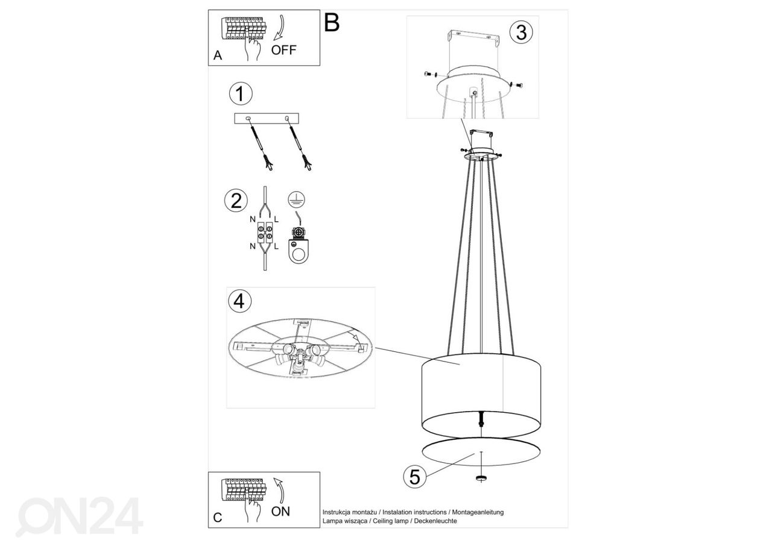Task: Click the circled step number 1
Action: point(241,93)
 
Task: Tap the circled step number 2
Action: point(236,201)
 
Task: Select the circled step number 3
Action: point(521,33)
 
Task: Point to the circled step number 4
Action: point(239,301)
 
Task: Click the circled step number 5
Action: point(414,477)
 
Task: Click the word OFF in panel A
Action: point(283,50)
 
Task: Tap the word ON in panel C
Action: point(280,512)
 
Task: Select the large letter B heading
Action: point(332,23)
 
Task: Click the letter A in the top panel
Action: point(218,55)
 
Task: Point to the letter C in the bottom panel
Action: point(218,518)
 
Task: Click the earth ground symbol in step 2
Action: point(296,199)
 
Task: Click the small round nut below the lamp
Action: point(481,478)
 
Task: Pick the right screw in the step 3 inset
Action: point(516,85)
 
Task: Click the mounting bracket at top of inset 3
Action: point(473,39)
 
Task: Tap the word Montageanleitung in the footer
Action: point(478,512)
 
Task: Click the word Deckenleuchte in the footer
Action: point(435,521)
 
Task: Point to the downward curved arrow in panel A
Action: point(281,28)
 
